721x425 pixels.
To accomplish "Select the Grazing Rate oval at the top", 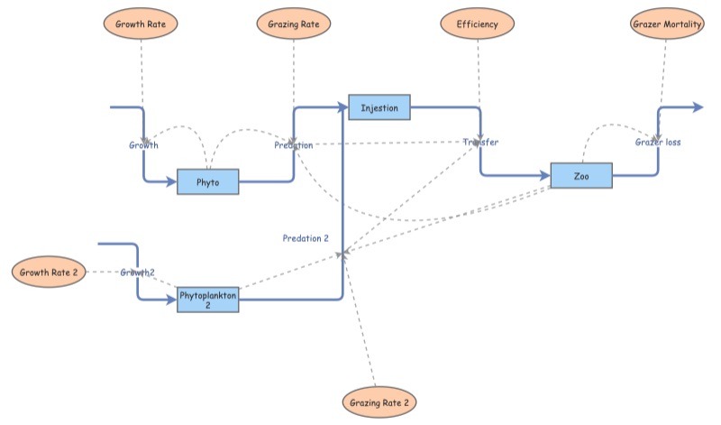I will click(x=294, y=23).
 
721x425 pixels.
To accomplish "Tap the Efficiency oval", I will click(x=477, y=23).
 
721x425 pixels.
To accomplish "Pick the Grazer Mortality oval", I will click(x=665, y=24).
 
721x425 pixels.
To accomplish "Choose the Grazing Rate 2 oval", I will click(x=379, y=401).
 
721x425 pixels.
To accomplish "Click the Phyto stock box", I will click(x=208, y=181).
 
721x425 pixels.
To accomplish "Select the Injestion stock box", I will click(x=379, y=107).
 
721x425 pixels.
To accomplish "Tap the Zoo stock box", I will click(x=581, y=176).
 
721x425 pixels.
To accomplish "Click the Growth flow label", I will click(x=143, y=144).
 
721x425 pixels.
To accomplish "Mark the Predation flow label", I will click(x=294, y=144).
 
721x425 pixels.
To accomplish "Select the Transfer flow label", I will click(x=480, y=143).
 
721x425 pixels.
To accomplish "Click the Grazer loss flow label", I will click(x=658, y=143).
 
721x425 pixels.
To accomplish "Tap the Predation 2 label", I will click(x=306, y=238).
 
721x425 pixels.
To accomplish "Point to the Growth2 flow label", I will click(x=138, y=273).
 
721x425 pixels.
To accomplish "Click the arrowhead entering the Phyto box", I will click(x=171, y=182).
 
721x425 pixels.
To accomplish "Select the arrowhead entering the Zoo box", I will click(x=544, y=176).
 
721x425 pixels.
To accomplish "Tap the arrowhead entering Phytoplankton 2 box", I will click(x=171, y=300).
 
